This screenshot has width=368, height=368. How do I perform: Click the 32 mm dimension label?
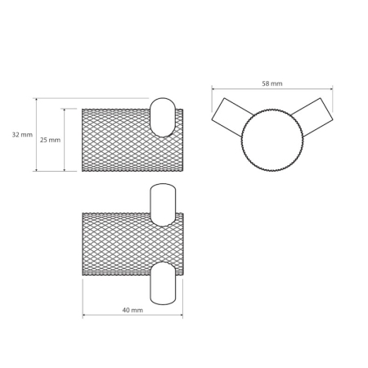22,135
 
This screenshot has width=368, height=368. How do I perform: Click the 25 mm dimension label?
50,140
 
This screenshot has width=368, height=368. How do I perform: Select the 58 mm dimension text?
272,83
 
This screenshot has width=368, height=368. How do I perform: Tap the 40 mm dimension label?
132,310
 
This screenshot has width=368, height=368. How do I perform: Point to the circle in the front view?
272,140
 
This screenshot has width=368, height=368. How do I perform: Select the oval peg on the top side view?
163,117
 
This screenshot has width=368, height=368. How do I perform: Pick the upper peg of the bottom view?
163,204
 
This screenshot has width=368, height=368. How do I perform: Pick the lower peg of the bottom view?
163,283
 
